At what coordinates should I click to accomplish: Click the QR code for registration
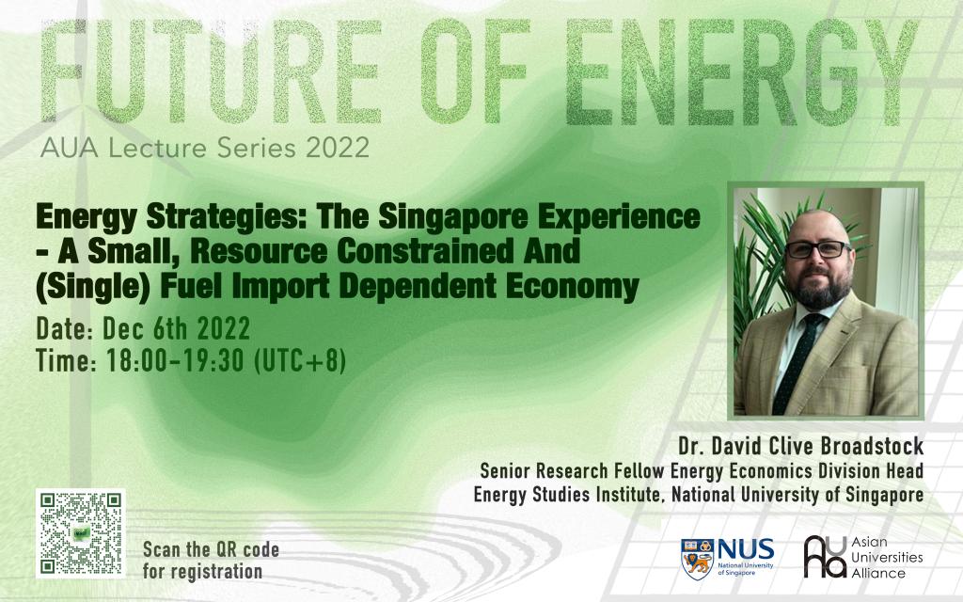click(x=81, y=533)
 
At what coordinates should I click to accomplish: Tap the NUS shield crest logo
click(x=697, y=559)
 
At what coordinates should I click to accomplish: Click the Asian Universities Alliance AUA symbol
click(x=825, y=557)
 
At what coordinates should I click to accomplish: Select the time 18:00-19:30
click(x=176, y=360)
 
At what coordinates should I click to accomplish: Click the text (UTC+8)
click(x=300, y=360)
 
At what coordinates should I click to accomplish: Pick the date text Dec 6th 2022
click(x=176, y=328)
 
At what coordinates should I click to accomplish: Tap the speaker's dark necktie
click(x=797, y=363)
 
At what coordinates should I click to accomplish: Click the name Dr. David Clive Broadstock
click(x=801, y=447)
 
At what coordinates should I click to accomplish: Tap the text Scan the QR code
click(x=212, y=549)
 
